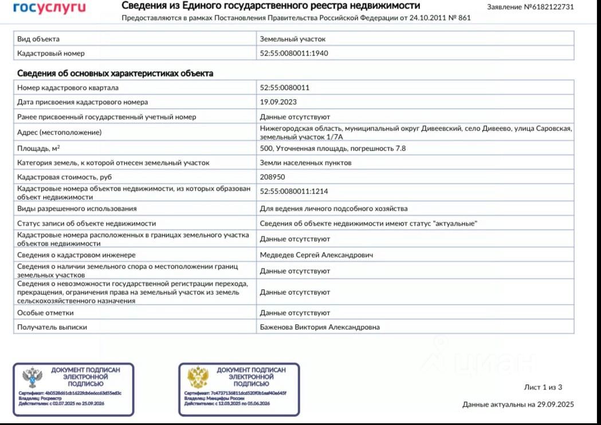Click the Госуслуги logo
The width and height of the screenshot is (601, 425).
coord(49,7)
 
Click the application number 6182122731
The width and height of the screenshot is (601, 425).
coord(549,7)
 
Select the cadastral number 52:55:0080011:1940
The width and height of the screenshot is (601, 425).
coord(294,53)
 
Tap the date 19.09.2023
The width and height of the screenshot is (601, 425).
coord(279,102)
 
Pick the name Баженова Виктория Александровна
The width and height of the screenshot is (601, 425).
coord(320,327)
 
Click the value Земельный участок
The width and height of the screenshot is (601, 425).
coord(292,39)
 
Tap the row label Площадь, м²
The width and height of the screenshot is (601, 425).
coord(38,148)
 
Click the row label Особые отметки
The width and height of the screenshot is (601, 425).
coord(45,313)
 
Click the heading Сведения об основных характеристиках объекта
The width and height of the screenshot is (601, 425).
coord(115,73)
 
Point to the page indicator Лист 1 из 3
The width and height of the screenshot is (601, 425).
coord(543,387)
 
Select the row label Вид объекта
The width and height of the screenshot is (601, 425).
coord(38,39)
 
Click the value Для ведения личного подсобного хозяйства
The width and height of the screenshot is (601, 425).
coord(333,208)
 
